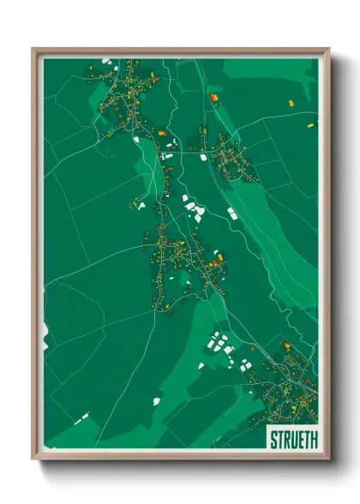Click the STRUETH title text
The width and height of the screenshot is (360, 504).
pos(291,439)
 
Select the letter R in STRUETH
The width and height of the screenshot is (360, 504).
pos(285,439)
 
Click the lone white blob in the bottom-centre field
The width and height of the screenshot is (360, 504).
pos(157,400)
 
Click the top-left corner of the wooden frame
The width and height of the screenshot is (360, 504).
pos(33,50)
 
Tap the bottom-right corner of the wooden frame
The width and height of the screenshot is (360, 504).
pos(328,459)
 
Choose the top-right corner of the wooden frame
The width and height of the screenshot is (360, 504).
pos(328,50)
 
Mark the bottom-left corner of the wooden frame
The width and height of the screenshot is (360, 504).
pos(33,459)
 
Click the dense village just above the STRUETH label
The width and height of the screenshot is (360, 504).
pos(287,390)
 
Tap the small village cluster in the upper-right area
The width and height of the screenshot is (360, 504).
pos(227,154)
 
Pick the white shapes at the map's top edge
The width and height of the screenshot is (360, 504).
pos(107,61)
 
